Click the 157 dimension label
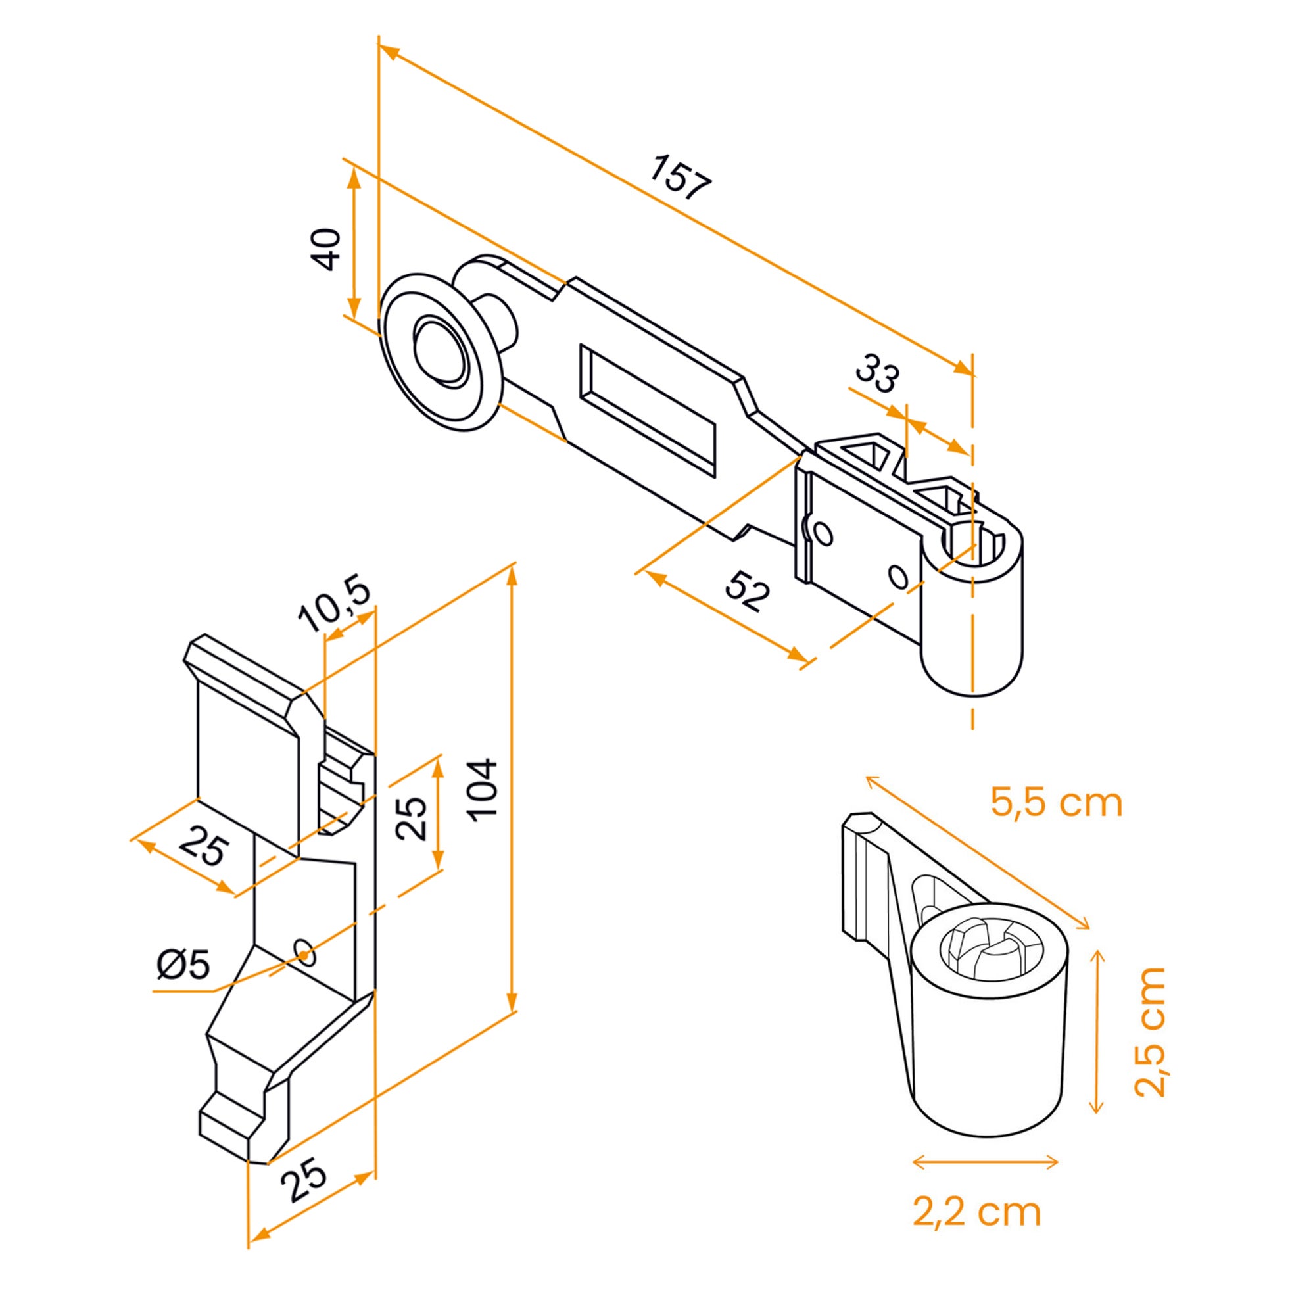680,178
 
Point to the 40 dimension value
329,249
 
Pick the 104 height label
485,790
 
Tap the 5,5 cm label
1056,803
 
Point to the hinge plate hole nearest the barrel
898,577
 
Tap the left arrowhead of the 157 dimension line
389,51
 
